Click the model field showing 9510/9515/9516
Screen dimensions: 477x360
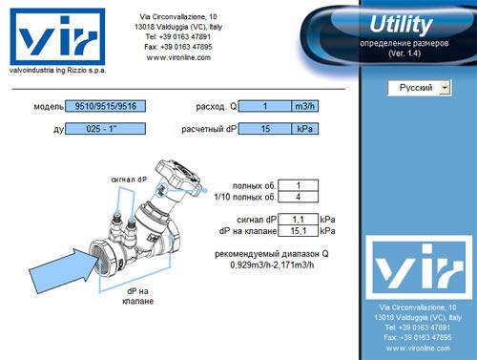[x=105, y=106]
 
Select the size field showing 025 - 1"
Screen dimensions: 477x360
[x=105, y=129]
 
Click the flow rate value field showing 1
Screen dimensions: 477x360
[x=265, y=106]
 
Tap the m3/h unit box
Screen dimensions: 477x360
[x=304, y=106]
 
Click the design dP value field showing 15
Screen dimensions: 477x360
[x=265, y=129]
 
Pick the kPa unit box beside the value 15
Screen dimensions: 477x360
[x=304, y=129]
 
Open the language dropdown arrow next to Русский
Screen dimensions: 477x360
[x=445, y=88]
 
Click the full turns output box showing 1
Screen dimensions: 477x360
[x=298, y=185]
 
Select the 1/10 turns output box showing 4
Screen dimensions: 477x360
[x=298, y=197]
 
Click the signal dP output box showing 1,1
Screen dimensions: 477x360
[x=298, y=220]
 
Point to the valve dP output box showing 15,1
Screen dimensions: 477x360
[x=298, y=231]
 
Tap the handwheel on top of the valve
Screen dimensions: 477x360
[x=177, y=175]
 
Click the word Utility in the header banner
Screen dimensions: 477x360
[x=401, y=25]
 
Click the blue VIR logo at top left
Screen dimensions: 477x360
[x=57, y=36]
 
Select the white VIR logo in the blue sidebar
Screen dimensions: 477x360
[x=419, y=267]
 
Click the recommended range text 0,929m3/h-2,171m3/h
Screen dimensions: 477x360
[x=272, y=265]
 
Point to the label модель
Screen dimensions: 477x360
[x=49, y=106]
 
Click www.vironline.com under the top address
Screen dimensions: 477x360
[x=178, y=57]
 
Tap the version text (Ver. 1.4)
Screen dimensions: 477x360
[x=404, y=53]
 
